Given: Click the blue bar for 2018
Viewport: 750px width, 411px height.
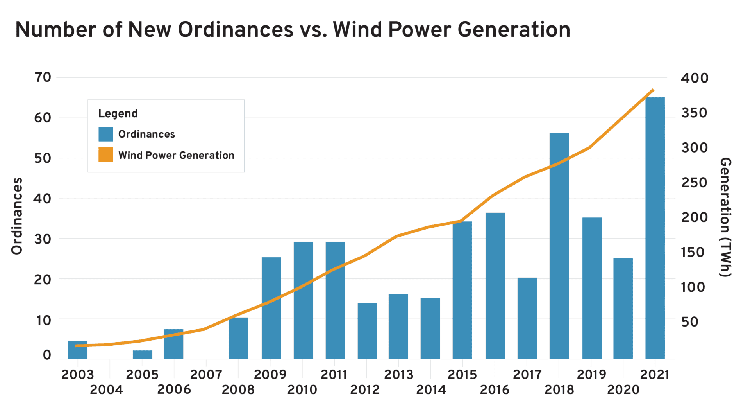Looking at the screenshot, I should click(x=559, y=246).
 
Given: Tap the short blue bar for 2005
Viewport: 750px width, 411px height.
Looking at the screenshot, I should click(x=142, y=355).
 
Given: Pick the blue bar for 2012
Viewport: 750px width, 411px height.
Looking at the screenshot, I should click(x=367, y=331).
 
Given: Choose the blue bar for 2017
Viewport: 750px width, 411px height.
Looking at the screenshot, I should click(x=527, y=318).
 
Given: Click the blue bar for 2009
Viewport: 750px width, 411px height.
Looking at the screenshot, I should click(x=271, y=308).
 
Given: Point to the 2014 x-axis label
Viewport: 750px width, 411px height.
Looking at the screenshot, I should click(x=430, y=389).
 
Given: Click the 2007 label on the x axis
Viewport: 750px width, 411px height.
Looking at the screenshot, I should click(x=206, y=375).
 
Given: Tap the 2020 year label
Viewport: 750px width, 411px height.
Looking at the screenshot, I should click(x=623, y=389).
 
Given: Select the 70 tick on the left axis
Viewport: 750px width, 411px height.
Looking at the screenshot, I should click(x=43, y=77).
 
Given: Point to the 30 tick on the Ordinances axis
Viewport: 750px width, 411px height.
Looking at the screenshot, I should click(x=43, y=239).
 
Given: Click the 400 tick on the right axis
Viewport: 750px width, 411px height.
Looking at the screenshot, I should click(x=695, y=78).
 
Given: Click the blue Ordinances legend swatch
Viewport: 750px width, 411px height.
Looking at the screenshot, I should click(x=105, y=134).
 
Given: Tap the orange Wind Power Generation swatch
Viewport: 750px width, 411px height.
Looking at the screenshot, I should click(x=105, y=154).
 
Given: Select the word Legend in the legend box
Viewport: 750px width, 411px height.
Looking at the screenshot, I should click(x=118, y=113).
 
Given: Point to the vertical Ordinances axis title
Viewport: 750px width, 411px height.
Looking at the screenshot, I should click(x=17, y=216).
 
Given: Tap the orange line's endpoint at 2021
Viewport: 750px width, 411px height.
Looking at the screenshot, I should click(x=653, y=90).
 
